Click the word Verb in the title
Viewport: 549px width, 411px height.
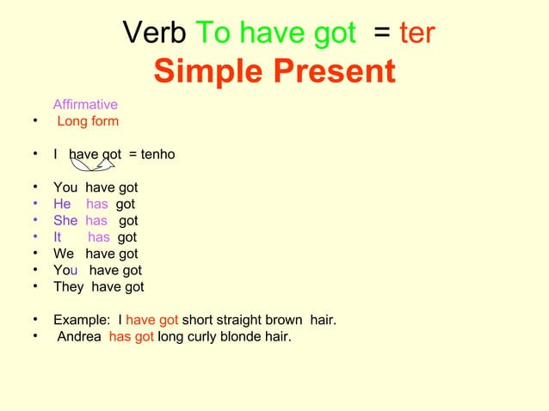(155, 34)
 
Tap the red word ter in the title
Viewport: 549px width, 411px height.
(417, 34)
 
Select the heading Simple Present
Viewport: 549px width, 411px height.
(274, 72)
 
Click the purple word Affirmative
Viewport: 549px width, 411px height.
(85, 105)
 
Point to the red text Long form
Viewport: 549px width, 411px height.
(88, 121)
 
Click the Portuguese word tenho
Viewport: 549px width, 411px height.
(158, 155)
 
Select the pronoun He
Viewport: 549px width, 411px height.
(62, 205)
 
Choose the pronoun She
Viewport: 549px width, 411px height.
(65, 221)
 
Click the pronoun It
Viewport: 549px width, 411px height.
(58, 237)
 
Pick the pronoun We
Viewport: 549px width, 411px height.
(64, 254)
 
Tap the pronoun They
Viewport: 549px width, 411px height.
(69, 287)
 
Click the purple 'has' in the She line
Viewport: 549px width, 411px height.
(96, 221)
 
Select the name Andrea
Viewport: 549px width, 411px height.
(79, 337)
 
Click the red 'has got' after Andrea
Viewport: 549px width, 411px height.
(131, 337)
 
